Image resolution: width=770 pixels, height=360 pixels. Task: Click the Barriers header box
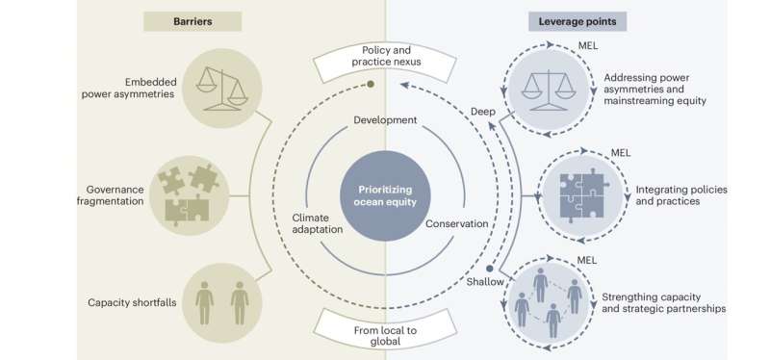coord(192,21)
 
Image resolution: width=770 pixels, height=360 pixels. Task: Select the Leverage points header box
coord(578,21)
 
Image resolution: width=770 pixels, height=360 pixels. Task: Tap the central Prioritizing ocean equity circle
coord(386,180)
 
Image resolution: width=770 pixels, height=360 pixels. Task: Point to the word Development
coord(385,120)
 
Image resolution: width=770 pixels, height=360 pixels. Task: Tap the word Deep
coord(483,112)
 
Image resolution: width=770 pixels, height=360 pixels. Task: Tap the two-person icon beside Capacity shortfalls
coord(220,302)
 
